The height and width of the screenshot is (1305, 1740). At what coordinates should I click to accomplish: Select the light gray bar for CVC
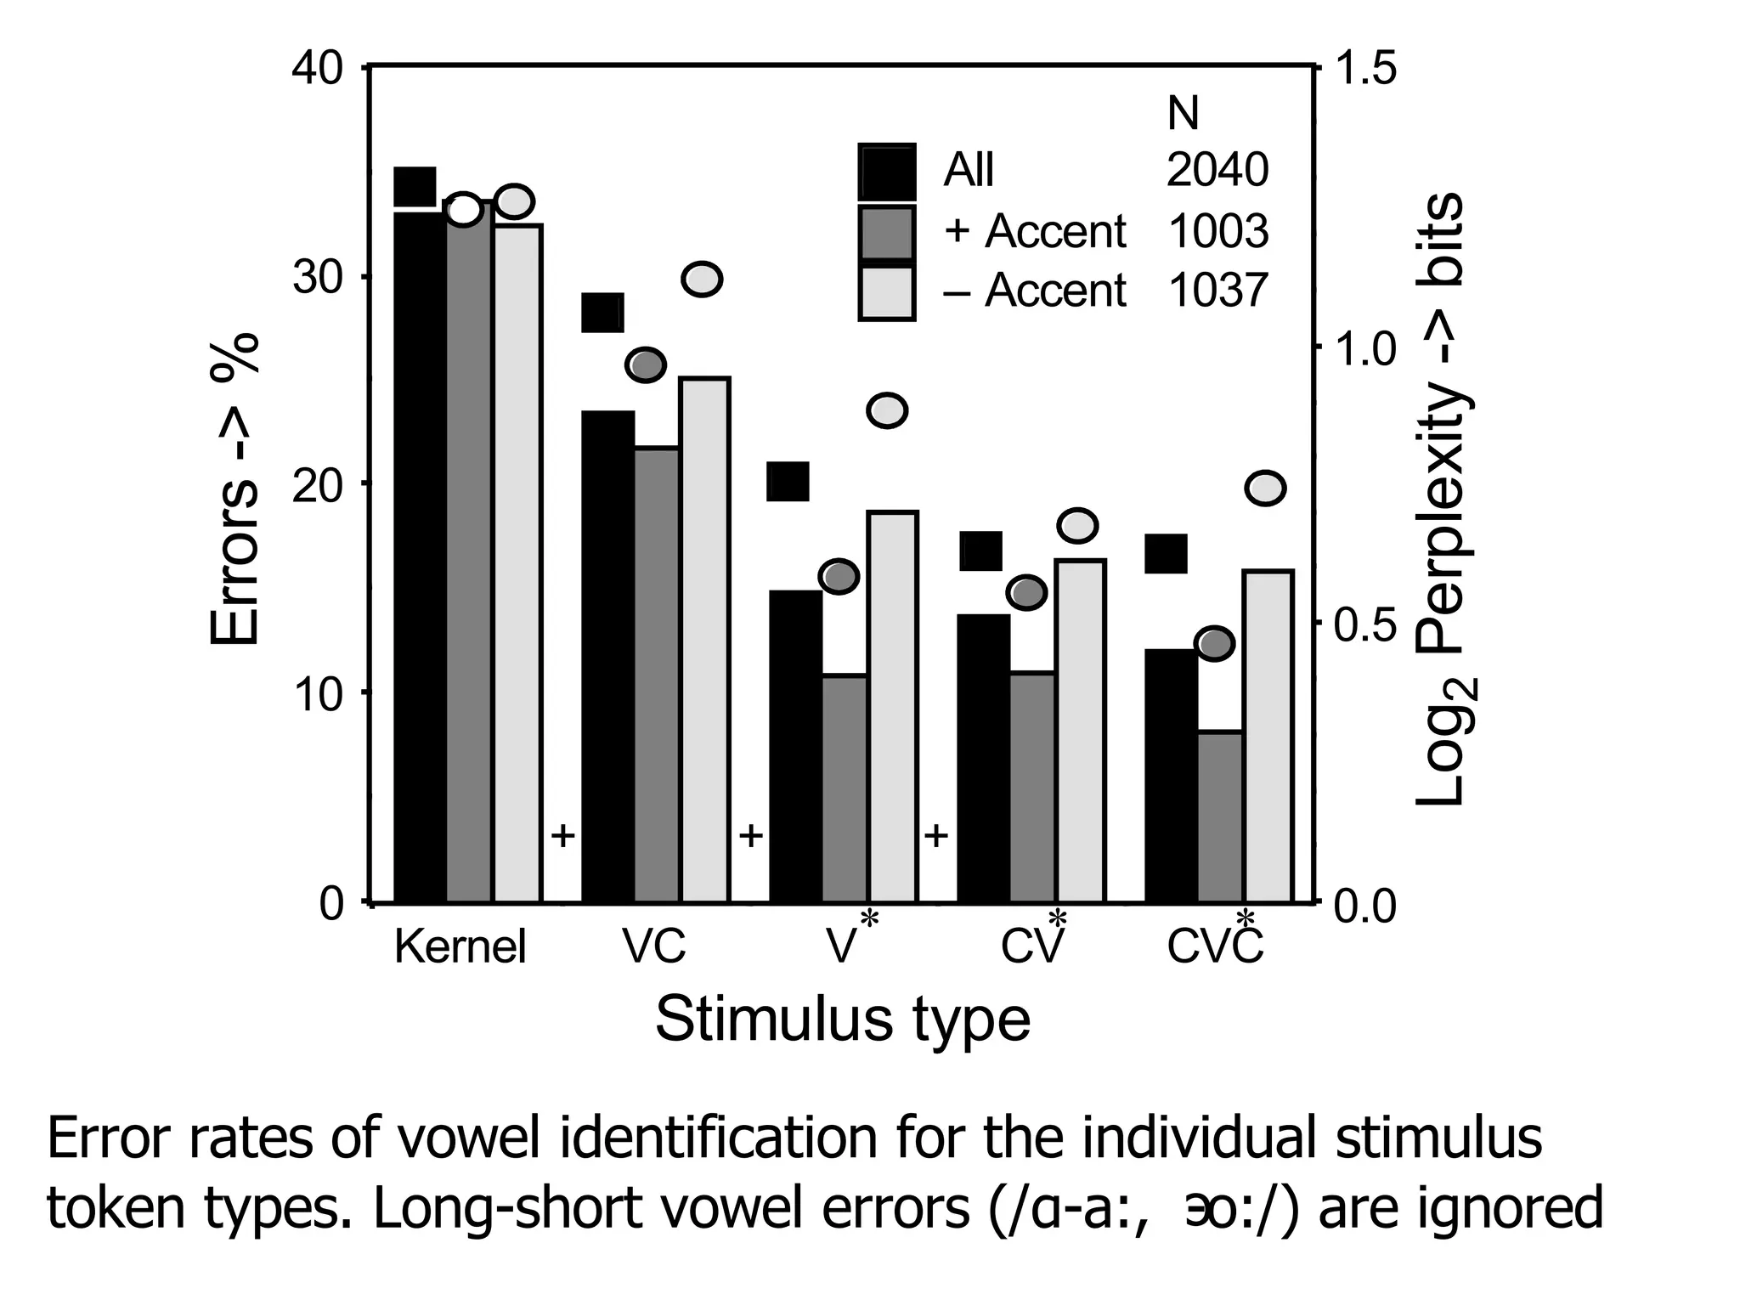1268,736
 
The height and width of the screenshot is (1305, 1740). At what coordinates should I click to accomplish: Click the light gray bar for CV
1079,731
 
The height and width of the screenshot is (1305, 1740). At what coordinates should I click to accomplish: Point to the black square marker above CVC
1166,554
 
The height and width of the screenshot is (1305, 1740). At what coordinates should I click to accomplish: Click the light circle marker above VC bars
702,279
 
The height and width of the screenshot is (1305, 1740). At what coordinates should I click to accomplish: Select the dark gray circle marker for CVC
1214,644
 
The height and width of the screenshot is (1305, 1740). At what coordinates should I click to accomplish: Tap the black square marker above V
788,482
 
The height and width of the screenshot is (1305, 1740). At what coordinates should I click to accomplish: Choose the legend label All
969,170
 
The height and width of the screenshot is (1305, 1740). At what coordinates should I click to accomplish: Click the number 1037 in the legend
1217,291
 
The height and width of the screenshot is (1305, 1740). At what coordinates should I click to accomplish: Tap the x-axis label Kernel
460,946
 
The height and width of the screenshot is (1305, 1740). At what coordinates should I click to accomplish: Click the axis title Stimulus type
842,1019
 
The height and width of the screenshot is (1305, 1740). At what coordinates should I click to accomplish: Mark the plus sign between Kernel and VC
562,836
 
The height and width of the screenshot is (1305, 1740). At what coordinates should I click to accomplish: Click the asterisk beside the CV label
1057,919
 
